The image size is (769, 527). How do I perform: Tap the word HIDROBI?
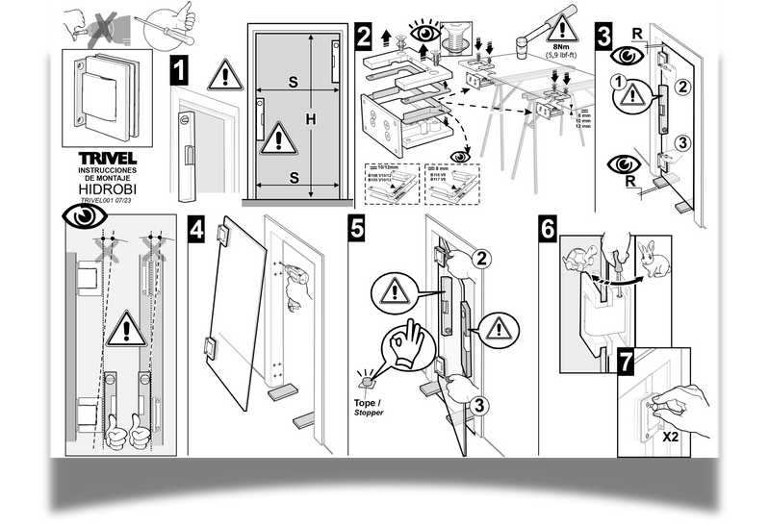tap(106, 189)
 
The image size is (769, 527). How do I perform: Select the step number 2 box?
tap(364, 38)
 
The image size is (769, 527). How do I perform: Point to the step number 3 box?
tap(603, 38)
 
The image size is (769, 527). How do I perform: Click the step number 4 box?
tap(197, 231)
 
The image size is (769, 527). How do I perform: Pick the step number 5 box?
tap(358, 231)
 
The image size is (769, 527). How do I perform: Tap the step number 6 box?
tap(547, 231)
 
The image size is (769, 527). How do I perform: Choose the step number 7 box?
tap(627, 364)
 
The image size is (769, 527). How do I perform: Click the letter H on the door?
tap(311, 118)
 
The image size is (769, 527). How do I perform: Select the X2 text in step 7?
tap(673, 436)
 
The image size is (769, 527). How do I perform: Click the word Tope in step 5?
tap(366, 403)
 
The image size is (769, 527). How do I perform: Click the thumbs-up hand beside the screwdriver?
tap(184, 16)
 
